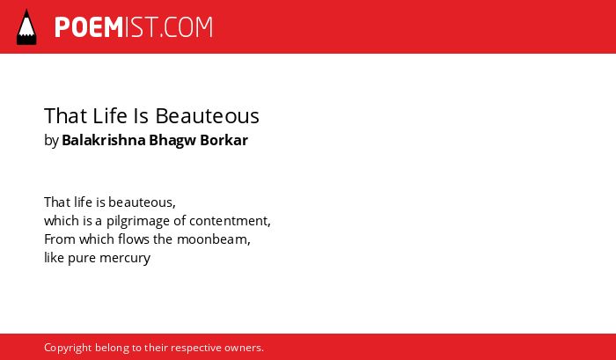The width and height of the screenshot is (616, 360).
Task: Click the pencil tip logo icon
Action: point(26,26)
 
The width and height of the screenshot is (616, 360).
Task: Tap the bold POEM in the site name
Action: point(89,27)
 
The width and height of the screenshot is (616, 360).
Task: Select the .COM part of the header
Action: point(187,27)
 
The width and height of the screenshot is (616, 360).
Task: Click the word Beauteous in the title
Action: point(208,116)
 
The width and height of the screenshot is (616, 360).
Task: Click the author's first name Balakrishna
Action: point(104,140)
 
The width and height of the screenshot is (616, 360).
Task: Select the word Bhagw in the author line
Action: point(172,141)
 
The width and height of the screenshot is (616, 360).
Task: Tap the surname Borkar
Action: point(224,140)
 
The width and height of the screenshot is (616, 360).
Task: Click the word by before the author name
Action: point(51,141)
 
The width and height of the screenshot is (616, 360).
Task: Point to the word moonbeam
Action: point(212,239)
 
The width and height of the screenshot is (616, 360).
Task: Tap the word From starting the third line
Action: point(60,239)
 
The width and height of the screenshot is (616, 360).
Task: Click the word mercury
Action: point(125,259)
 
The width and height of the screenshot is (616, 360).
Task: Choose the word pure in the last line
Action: point(82,259)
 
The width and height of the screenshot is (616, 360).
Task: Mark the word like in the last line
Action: point(55,257)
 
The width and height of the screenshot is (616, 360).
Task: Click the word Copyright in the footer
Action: point(68,349)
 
